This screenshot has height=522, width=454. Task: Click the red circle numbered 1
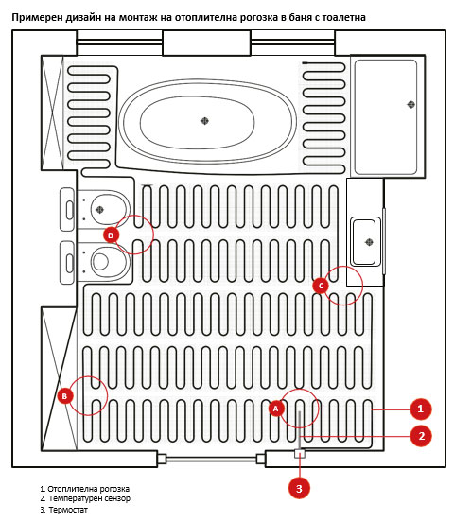coord(420,409)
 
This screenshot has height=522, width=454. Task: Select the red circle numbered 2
coord(421,436)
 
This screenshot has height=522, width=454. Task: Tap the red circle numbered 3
coord(299,488)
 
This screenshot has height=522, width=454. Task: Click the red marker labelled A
coord(276,409)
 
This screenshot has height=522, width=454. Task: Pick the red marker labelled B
coord(64,396)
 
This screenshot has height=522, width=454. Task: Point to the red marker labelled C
coord(321,286)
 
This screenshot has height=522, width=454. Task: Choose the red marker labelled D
coord(111,235)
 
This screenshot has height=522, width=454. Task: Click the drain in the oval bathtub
coord(204,121)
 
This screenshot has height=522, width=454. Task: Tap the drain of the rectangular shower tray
coord(411,105)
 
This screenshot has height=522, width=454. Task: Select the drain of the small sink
coord(369,242)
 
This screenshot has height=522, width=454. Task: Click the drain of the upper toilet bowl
coord(99,209)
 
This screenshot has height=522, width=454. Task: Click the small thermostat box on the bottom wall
coord(300,453)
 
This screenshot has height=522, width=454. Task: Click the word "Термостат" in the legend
coord(68,510)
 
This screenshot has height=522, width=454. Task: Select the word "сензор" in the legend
coord(113,498)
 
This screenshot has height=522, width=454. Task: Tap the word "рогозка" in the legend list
coord(112,489)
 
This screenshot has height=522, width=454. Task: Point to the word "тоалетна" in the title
coord(343,17)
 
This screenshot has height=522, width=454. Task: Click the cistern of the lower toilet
coord(67,263)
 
